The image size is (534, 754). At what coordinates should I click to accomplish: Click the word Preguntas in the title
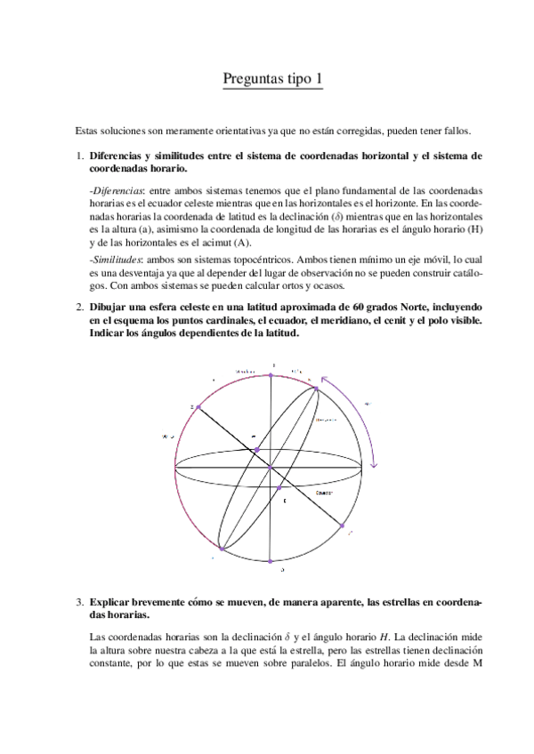click(x=251, y=81)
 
